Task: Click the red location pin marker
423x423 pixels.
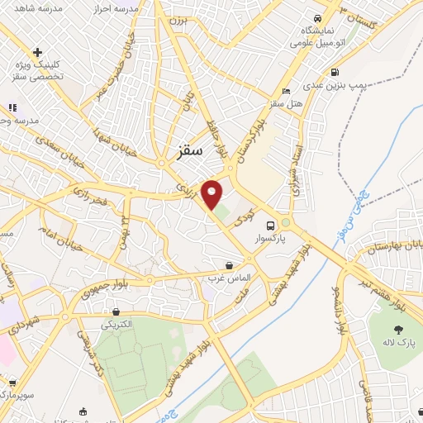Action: click(x=213, y=195)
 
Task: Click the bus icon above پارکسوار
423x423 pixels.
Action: click(x=270, y=226)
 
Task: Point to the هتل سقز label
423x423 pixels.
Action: click(x=285, y=103)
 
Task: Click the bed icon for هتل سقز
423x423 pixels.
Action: click(x=286, y=91)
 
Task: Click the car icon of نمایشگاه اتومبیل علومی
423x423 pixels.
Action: click(x=316, y=17)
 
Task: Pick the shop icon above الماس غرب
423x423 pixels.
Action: click(x=230, y=265)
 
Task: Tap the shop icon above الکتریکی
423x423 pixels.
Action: click(x=116, y=312)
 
